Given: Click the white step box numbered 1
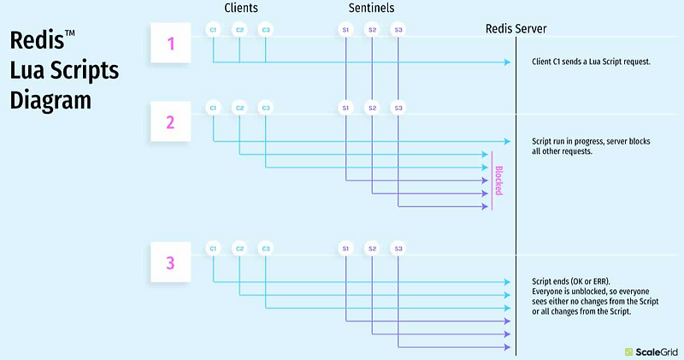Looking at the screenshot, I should point(171,43).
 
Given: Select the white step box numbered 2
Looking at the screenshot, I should point(171,121).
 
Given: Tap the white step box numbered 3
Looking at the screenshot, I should point(171,263).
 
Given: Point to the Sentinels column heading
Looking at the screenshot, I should point(371,8).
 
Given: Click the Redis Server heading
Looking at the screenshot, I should point(516,29).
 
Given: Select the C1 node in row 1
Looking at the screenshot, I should point(213,30).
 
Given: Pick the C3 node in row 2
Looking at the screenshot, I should point(266,108).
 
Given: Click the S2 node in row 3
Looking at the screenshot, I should point(372,249).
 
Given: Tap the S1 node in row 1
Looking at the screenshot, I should point(345,30).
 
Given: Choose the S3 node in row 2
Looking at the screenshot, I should point(398,108).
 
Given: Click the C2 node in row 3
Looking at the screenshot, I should point(239,249).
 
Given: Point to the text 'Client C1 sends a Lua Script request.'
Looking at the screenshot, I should point(591,62).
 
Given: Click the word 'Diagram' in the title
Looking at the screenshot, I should point(50,100).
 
